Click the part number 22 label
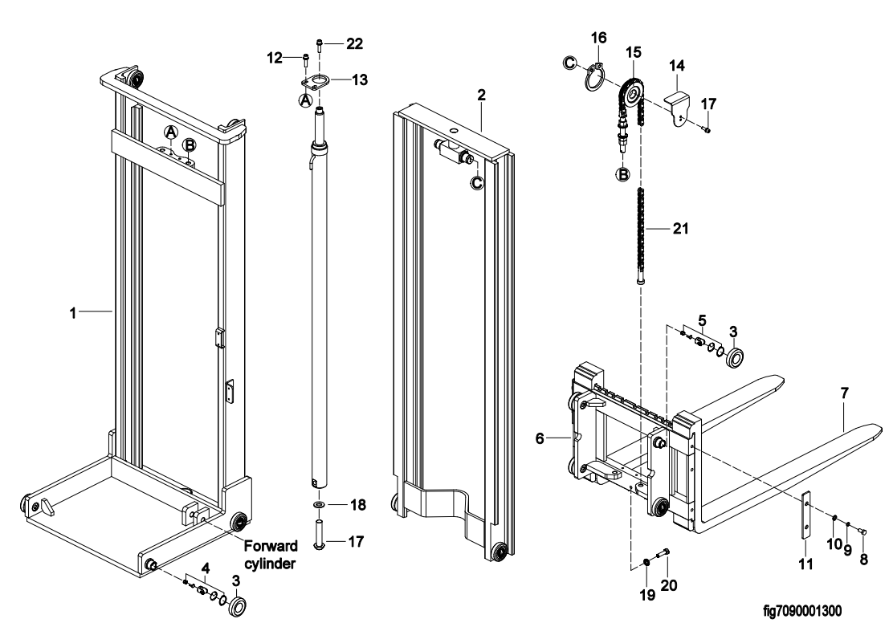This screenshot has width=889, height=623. pyautogui.click(x=354, y=43)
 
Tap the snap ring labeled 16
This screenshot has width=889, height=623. pyautogui.click(x=593, y=77)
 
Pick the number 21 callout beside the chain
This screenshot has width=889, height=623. pyautogui.click(x=680, y=229)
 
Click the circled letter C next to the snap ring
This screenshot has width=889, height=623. pyautogui.click(x=570, y=63)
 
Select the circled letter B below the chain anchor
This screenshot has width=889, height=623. pyautogui.click(x=622, y=174)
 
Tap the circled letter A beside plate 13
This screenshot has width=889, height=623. pyautogui.click(x=306, y=100)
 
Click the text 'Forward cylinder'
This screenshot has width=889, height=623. pyautogui.click(x=271, y=555)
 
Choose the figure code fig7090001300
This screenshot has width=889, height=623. pyautogui.click(x=801, y=610)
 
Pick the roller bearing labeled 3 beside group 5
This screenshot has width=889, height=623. pyautogui.click(x=735, y=357)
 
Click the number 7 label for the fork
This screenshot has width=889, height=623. pyautogui.click(x=844, y=393)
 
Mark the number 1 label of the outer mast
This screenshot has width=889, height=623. pyautogui.click(x=72, y=313)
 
